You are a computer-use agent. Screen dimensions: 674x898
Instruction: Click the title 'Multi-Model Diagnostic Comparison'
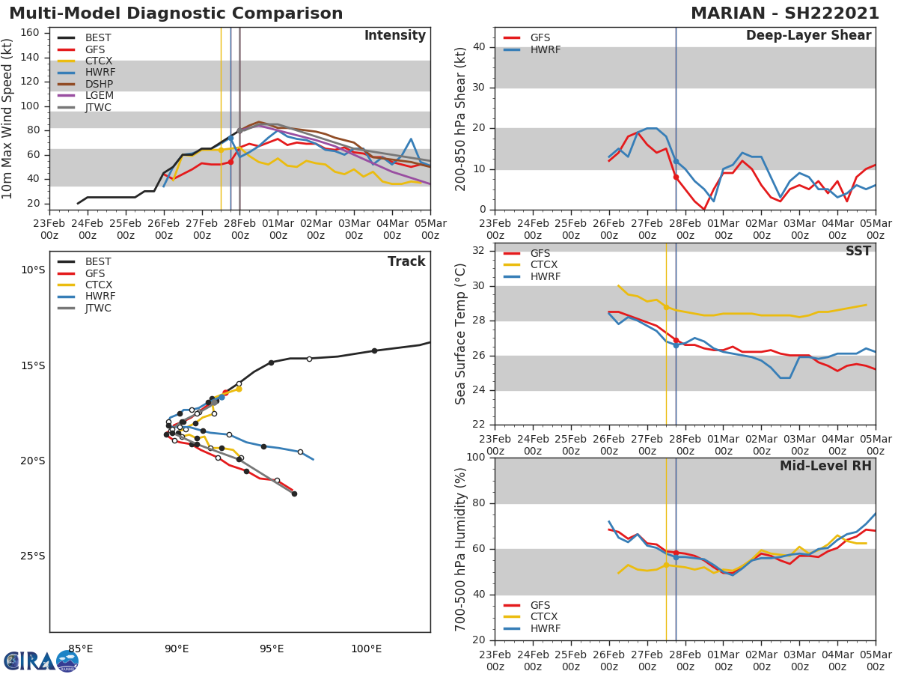[176, 13]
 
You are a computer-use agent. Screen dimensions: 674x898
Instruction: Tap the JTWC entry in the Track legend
[98, 308]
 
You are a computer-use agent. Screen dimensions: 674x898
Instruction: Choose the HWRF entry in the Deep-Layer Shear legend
[545, 49]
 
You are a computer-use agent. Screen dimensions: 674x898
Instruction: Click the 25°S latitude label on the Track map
[32, 556]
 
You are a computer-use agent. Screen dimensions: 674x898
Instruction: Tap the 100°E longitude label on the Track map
[366, 649]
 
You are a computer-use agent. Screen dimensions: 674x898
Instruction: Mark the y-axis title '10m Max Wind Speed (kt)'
[8, 118]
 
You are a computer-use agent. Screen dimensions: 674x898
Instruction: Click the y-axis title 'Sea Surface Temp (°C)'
[461, 334]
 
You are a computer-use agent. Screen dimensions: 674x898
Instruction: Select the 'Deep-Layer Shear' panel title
[808, 36]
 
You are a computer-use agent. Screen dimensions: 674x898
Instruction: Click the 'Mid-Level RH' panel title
[825, 466]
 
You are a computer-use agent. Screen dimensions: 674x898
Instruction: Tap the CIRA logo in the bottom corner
[41, 661]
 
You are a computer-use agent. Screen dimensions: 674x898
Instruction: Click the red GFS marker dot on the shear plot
[676, 177]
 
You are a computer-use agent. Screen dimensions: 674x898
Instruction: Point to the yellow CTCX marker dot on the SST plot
[666, 307]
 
